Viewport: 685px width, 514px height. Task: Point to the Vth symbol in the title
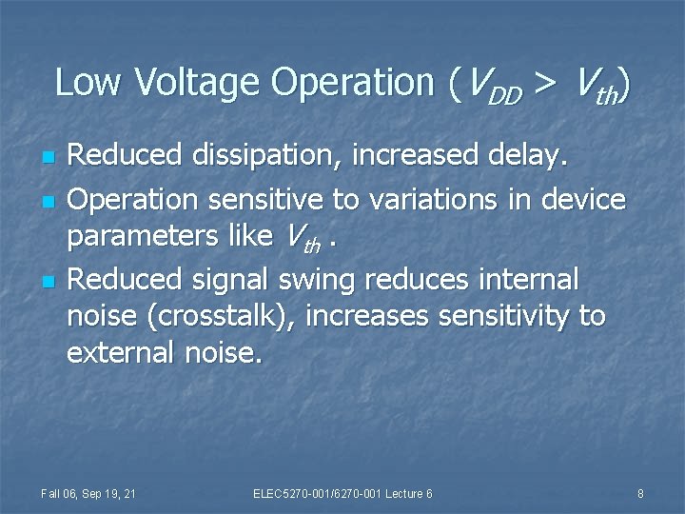594,87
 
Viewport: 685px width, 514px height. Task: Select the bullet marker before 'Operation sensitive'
49,201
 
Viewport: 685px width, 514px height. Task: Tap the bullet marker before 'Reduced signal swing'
49,282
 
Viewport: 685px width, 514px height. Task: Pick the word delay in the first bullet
531,156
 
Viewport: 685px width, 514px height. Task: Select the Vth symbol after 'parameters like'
301,241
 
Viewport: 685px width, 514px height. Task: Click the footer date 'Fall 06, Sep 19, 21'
88,493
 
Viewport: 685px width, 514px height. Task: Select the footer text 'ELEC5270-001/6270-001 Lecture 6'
342,493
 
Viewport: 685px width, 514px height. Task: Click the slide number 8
640,493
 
